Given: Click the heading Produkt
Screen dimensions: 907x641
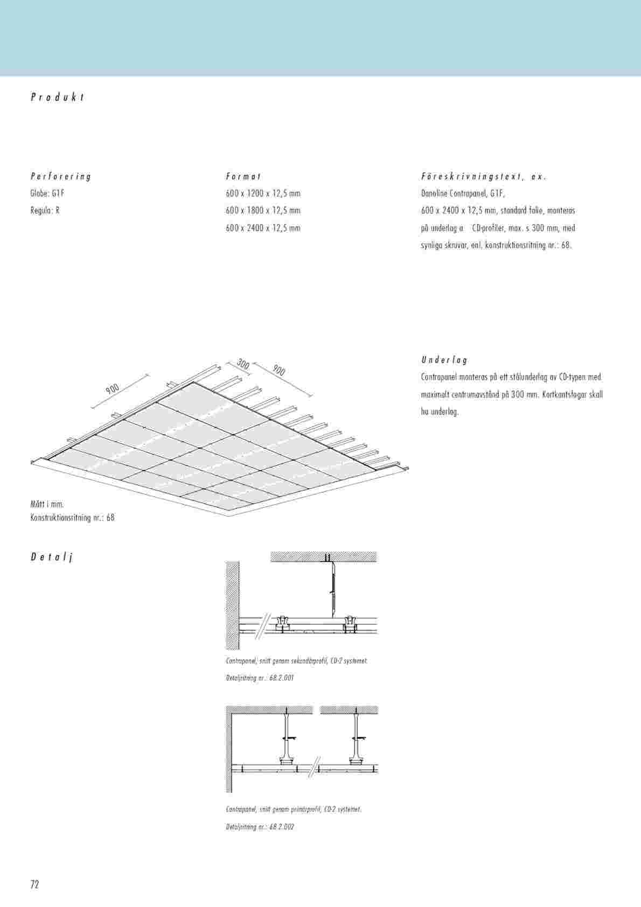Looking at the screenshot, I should click(58, 97).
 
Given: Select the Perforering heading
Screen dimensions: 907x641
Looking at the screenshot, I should click(61, 176).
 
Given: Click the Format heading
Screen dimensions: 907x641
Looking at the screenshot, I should click(243, 176).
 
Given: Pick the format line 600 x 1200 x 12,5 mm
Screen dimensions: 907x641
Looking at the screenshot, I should click(263, 193).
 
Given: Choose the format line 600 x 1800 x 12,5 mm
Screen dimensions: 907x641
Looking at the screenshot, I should click(263, 211).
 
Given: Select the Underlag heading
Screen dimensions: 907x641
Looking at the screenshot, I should click(444, 360).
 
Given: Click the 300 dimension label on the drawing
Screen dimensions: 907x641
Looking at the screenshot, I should click(243, 365).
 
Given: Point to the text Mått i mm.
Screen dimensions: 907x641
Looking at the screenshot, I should click(47, 504).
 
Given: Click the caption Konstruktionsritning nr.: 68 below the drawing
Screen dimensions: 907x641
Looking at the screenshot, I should click(73, 518).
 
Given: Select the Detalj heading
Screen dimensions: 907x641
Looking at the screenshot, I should click(51, 557).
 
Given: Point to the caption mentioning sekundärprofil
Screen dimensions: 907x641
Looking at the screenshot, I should click(297, 660).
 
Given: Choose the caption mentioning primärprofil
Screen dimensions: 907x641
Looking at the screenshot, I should click(294, 810).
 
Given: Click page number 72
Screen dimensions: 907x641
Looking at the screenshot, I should click(35, 884).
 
